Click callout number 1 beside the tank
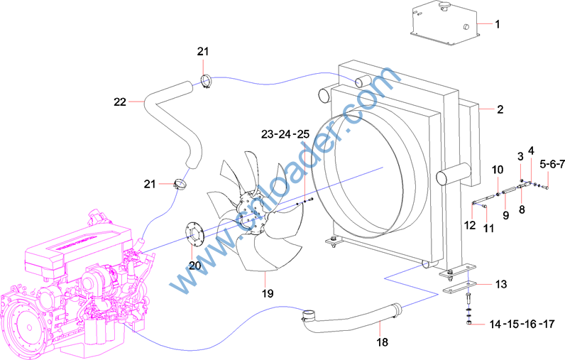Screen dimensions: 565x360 498,25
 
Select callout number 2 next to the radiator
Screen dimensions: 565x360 500,109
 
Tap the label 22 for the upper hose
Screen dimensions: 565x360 120,102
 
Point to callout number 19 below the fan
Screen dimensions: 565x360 268,294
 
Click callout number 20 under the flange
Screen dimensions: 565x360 194,266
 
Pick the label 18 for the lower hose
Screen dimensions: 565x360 383,342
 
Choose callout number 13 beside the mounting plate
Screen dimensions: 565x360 501,284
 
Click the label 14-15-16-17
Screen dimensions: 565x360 522,324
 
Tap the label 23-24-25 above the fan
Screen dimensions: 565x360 285,134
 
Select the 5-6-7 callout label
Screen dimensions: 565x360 552,165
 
